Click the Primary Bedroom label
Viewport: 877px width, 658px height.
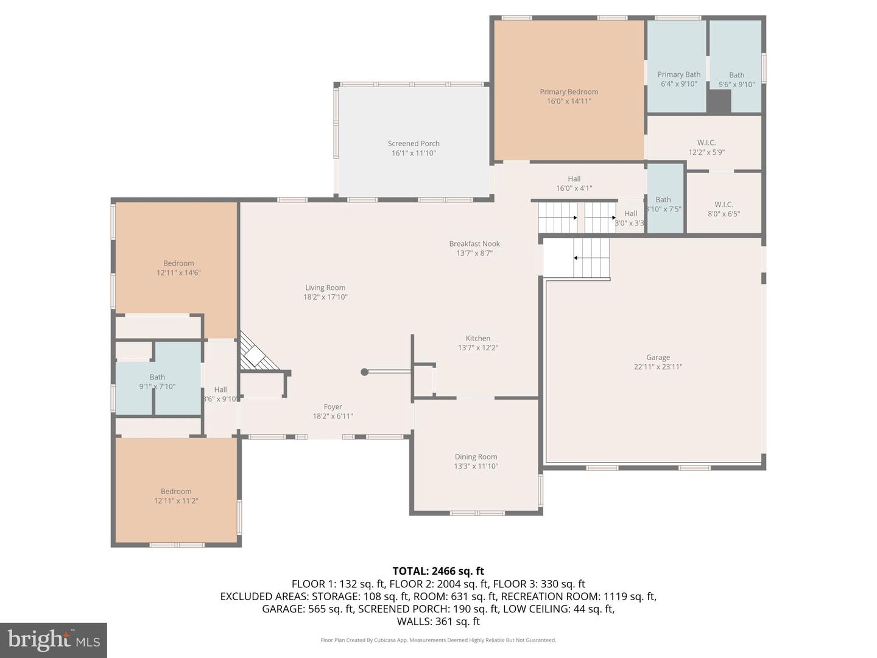click(569, 92)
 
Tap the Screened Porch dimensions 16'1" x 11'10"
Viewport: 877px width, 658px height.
click(414, 154)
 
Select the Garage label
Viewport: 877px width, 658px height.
click(658, 358)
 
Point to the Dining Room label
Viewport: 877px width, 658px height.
click(476, 457)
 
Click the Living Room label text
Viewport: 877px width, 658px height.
click(325, 288)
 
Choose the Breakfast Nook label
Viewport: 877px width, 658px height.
click(474, 244)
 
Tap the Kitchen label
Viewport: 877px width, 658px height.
click(478, 338)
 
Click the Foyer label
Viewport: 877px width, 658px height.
click(333, 407)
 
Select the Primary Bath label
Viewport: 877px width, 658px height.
click(678, 75)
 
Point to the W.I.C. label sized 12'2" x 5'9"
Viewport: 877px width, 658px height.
click(706, 143)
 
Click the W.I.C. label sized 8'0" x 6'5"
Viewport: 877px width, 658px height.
click(724, 205)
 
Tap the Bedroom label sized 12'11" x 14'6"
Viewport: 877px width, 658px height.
click(178, 264)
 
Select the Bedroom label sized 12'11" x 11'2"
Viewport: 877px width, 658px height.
click(176, 492)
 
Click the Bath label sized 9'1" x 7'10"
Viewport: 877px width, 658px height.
click(157, 377)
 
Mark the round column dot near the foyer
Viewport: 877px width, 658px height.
click(364, 372)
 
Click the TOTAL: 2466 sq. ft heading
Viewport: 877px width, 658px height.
click(438, 571)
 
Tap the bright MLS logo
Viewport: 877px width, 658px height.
click(54, 640)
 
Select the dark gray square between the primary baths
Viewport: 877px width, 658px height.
click(719, 101)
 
